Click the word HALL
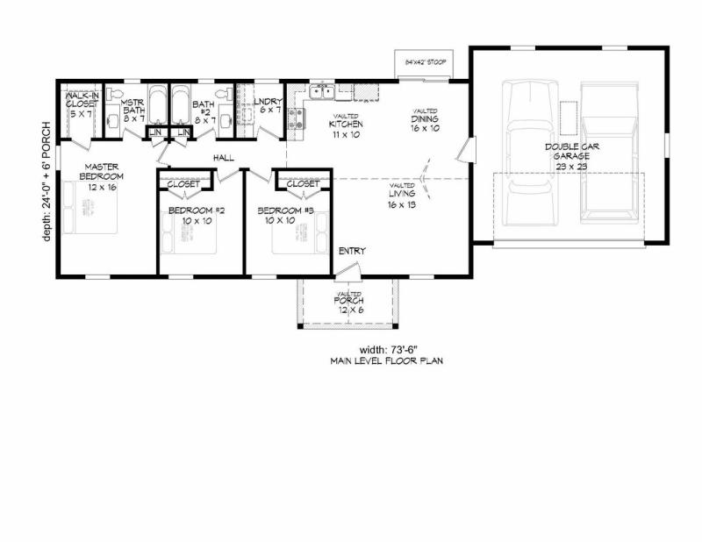click(222, 158)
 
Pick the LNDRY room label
click(268, 105)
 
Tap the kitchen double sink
click(321, 90)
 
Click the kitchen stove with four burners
click(297, 118)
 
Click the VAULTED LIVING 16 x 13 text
click(403, 196)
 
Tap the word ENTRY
click(352, 252)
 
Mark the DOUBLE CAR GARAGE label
click(572, 156)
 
